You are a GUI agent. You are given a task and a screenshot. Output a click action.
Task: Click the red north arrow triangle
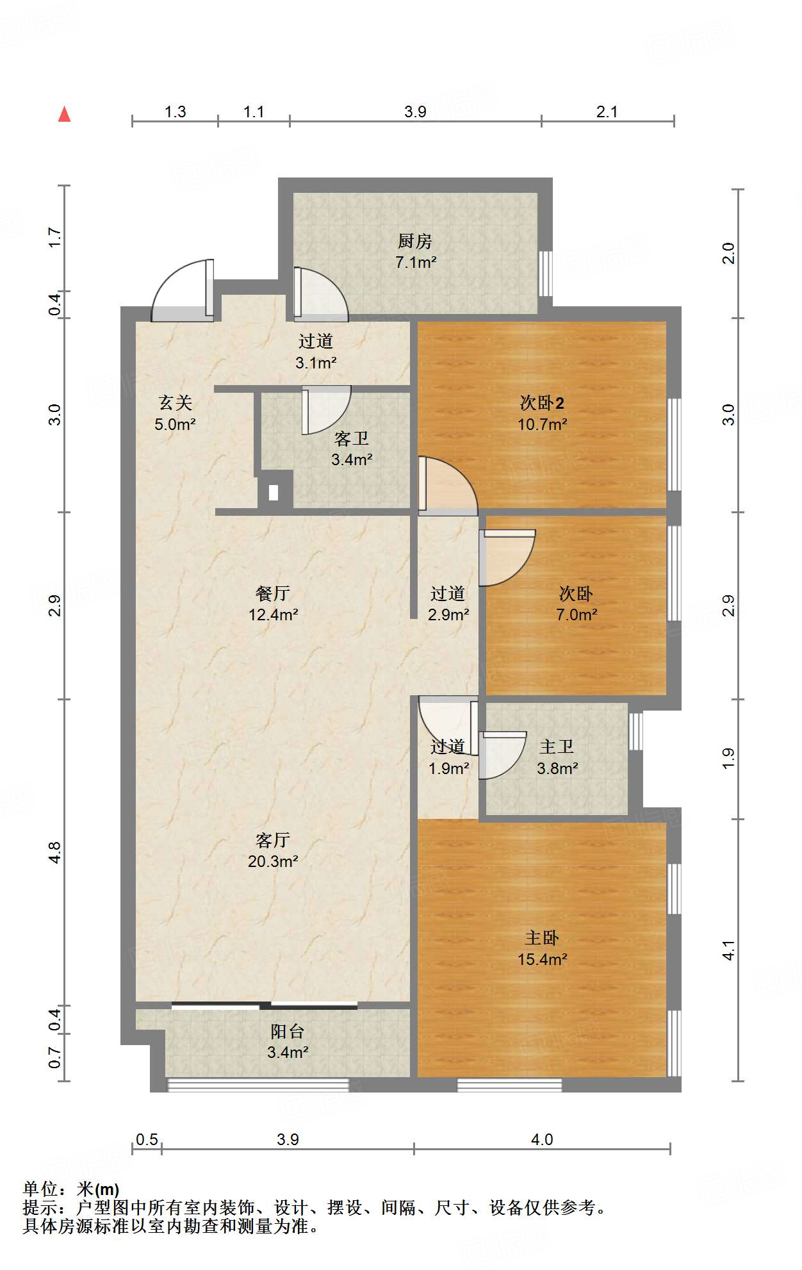click(x=64, y=114)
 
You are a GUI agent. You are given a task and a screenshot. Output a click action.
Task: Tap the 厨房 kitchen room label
click(x=415, y=241)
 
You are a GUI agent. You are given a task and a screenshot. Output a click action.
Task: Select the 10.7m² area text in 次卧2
click(x=543, y=424)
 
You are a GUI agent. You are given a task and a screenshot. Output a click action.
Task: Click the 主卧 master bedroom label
click(x=542, y=938)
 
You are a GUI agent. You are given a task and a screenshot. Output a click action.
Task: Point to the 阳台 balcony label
click(x=287, y=1031)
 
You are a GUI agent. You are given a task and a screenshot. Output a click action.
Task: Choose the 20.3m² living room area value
click(x=273, y=862)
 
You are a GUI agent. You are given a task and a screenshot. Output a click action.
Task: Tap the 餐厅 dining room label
click(x=273, y=593)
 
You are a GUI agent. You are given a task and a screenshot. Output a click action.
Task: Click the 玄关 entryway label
click(x=175, y=402)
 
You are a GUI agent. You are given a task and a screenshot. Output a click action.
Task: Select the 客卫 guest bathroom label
click(x=352, y=438)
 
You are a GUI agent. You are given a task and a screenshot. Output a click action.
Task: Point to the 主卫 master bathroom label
click(x=557, y=746)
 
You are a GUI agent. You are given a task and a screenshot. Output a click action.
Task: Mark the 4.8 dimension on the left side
click(x=55, y=852)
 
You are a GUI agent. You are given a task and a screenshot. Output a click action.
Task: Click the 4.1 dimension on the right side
click(x=728, y=950)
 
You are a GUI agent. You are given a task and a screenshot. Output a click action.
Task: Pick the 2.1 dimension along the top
click(x=607, y=112)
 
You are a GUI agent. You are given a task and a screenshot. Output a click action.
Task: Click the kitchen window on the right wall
click(x=545, y=273)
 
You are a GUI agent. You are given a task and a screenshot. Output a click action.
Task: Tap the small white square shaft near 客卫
click(x=274, y=493)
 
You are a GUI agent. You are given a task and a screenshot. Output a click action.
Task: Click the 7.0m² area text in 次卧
click(x=577, y=615)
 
